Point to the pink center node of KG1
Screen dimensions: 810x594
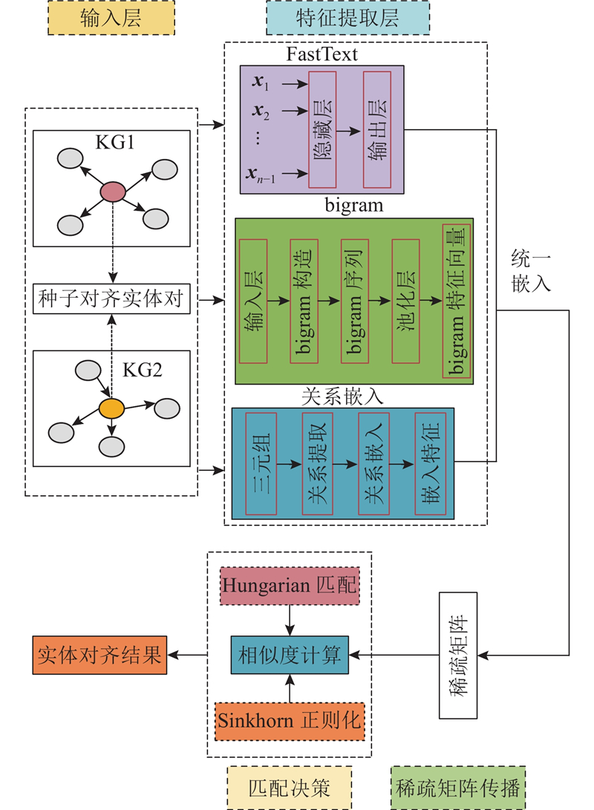[x=112, y=192]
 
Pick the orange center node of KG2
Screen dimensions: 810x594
[x=111, y=408]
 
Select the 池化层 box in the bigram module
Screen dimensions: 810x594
[x=405, y=301]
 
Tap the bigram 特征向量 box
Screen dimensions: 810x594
[x=456, y=301]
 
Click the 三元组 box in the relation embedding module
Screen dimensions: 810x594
[x=261, y=463]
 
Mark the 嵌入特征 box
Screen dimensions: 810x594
[x=429, y=463]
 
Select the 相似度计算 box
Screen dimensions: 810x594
[x=290, y=655]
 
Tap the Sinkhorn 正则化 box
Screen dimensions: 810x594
[x=290, y=721]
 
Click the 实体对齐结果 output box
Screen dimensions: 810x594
[x=99, y=655]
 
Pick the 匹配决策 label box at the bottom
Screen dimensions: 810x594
[x=290, y=787]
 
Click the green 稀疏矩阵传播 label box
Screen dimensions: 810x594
[x=457, y=787]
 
